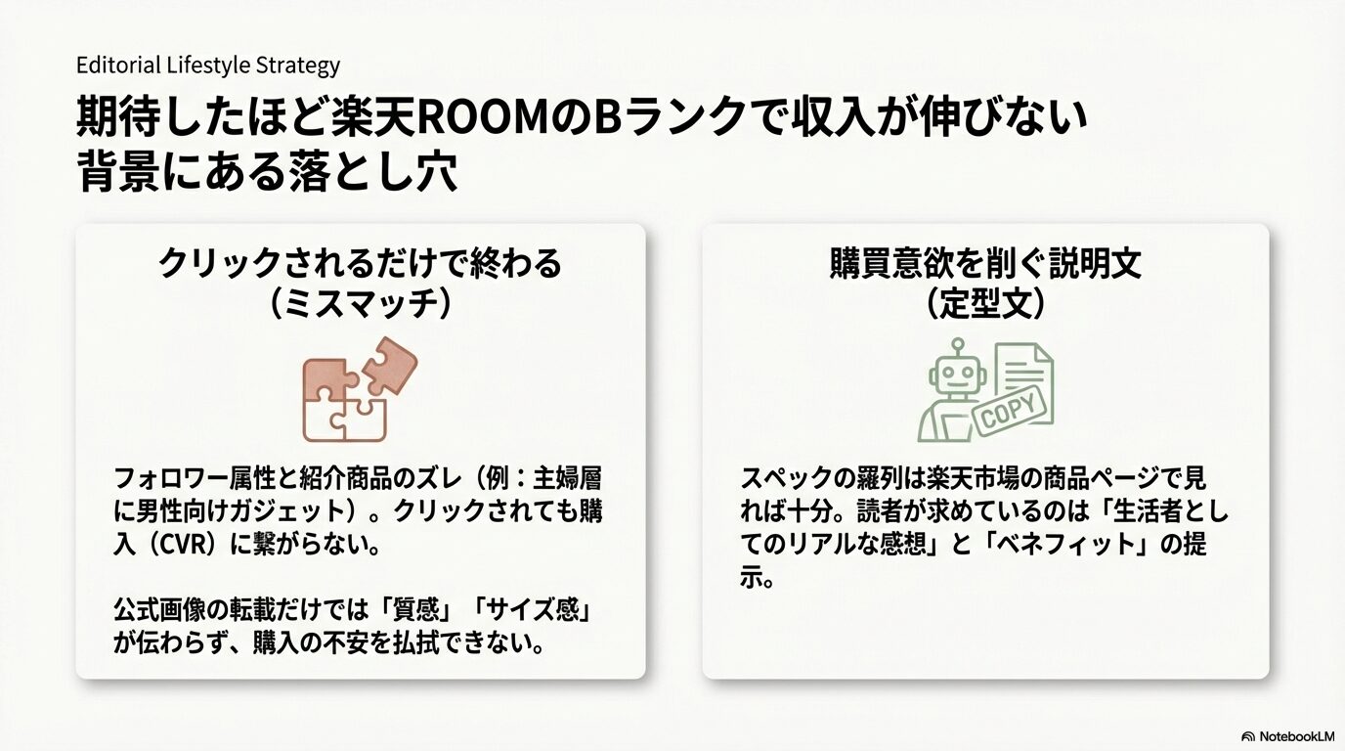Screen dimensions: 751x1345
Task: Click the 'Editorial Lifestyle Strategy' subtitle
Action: [208, 66]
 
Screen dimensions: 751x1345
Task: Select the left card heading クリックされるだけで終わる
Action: [360, 264]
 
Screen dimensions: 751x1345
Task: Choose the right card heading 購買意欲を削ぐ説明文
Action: [985, 264]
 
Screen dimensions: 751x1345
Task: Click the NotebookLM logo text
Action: [1296, 735]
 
